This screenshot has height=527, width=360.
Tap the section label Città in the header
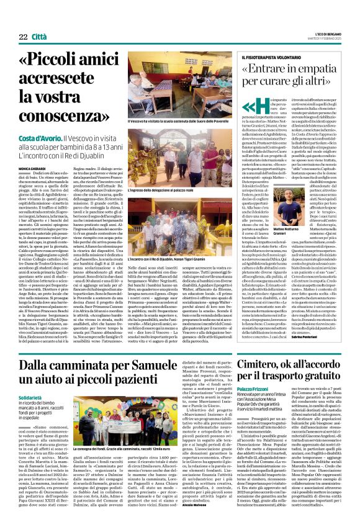39,20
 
